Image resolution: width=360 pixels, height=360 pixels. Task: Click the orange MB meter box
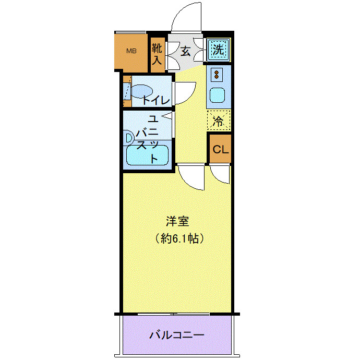(x=132, y=52)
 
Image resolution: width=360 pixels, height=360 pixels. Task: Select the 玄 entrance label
(x=185, y=51)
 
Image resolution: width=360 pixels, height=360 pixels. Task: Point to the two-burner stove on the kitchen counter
(x=215, y=75)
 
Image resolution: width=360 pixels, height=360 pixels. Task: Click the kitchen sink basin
(x=215, y=95)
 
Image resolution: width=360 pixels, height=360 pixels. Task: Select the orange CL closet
(x=220, y=149)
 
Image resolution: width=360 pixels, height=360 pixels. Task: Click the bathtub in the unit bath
(x=147, y=155)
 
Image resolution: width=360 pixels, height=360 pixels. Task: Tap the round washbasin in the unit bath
(x=128, y=138)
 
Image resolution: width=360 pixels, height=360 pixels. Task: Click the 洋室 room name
(x=178, y=221)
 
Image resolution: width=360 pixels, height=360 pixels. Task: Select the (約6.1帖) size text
(x=178, y=238)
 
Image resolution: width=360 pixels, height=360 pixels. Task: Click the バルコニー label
(x=177, y=334)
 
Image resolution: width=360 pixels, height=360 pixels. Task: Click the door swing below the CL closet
(x=220, y=175)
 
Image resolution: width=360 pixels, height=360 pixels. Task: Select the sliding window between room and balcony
(x=174, y=314)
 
